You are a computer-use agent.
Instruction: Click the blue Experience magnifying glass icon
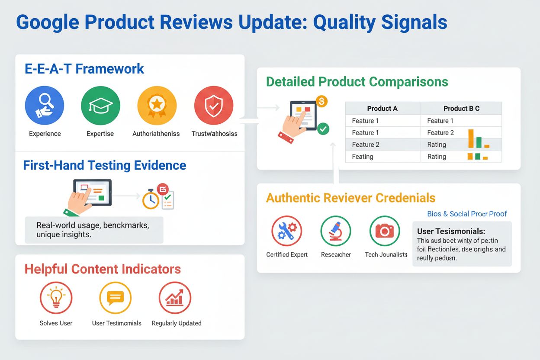45,106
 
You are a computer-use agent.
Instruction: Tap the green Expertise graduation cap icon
100,106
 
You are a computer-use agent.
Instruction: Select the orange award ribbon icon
156,106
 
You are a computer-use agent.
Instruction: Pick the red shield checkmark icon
214,106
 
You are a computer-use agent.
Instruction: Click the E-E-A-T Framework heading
84,69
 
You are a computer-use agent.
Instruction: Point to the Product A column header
382,109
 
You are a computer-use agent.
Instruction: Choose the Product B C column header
461,109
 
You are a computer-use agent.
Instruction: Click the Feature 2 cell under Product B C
440,133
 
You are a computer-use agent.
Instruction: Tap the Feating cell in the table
363,157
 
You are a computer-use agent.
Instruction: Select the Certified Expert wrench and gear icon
286,231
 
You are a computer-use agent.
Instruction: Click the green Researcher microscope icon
336,231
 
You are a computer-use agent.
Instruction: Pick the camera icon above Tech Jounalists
385,231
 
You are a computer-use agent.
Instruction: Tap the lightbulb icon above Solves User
56,298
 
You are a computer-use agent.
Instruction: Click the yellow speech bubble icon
116,298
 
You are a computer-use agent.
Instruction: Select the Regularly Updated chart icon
175,298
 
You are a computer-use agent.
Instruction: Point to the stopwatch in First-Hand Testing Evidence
151,199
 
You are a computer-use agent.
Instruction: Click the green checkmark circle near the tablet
323,129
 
